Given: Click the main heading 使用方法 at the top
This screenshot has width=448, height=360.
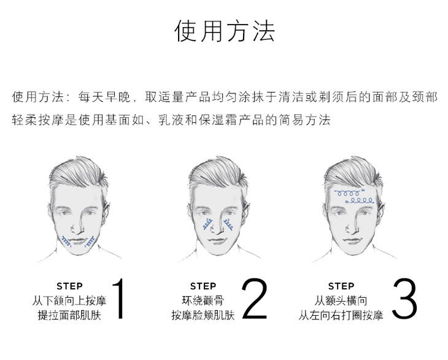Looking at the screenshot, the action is click(x=224, y=31).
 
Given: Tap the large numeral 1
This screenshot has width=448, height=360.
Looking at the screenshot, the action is click(x=118, y=299).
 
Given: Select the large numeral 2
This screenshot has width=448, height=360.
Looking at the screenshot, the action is click(x=254, y=299).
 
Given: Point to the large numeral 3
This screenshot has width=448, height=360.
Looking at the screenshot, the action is click(x=404, y=299).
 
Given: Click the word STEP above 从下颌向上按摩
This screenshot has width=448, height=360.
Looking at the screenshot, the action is click(x=70, y=286).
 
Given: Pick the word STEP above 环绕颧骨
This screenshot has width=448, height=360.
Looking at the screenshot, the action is click(x=203, y=286).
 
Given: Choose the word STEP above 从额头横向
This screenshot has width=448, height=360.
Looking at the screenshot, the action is click(x=341, y=286).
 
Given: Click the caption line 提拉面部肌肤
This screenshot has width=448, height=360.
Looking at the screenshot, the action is click(x=69, y=315).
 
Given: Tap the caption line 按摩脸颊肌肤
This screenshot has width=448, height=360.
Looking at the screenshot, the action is click(x=203, y=315).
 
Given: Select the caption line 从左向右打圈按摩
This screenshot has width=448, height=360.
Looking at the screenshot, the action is click(x=341, y=315).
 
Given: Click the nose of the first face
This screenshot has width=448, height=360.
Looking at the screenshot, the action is click(x=77, y=226).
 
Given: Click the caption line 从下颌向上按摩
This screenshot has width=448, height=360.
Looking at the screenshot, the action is click(x=69, y=300).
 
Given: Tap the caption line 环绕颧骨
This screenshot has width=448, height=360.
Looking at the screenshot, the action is click(x=203, y=300).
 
